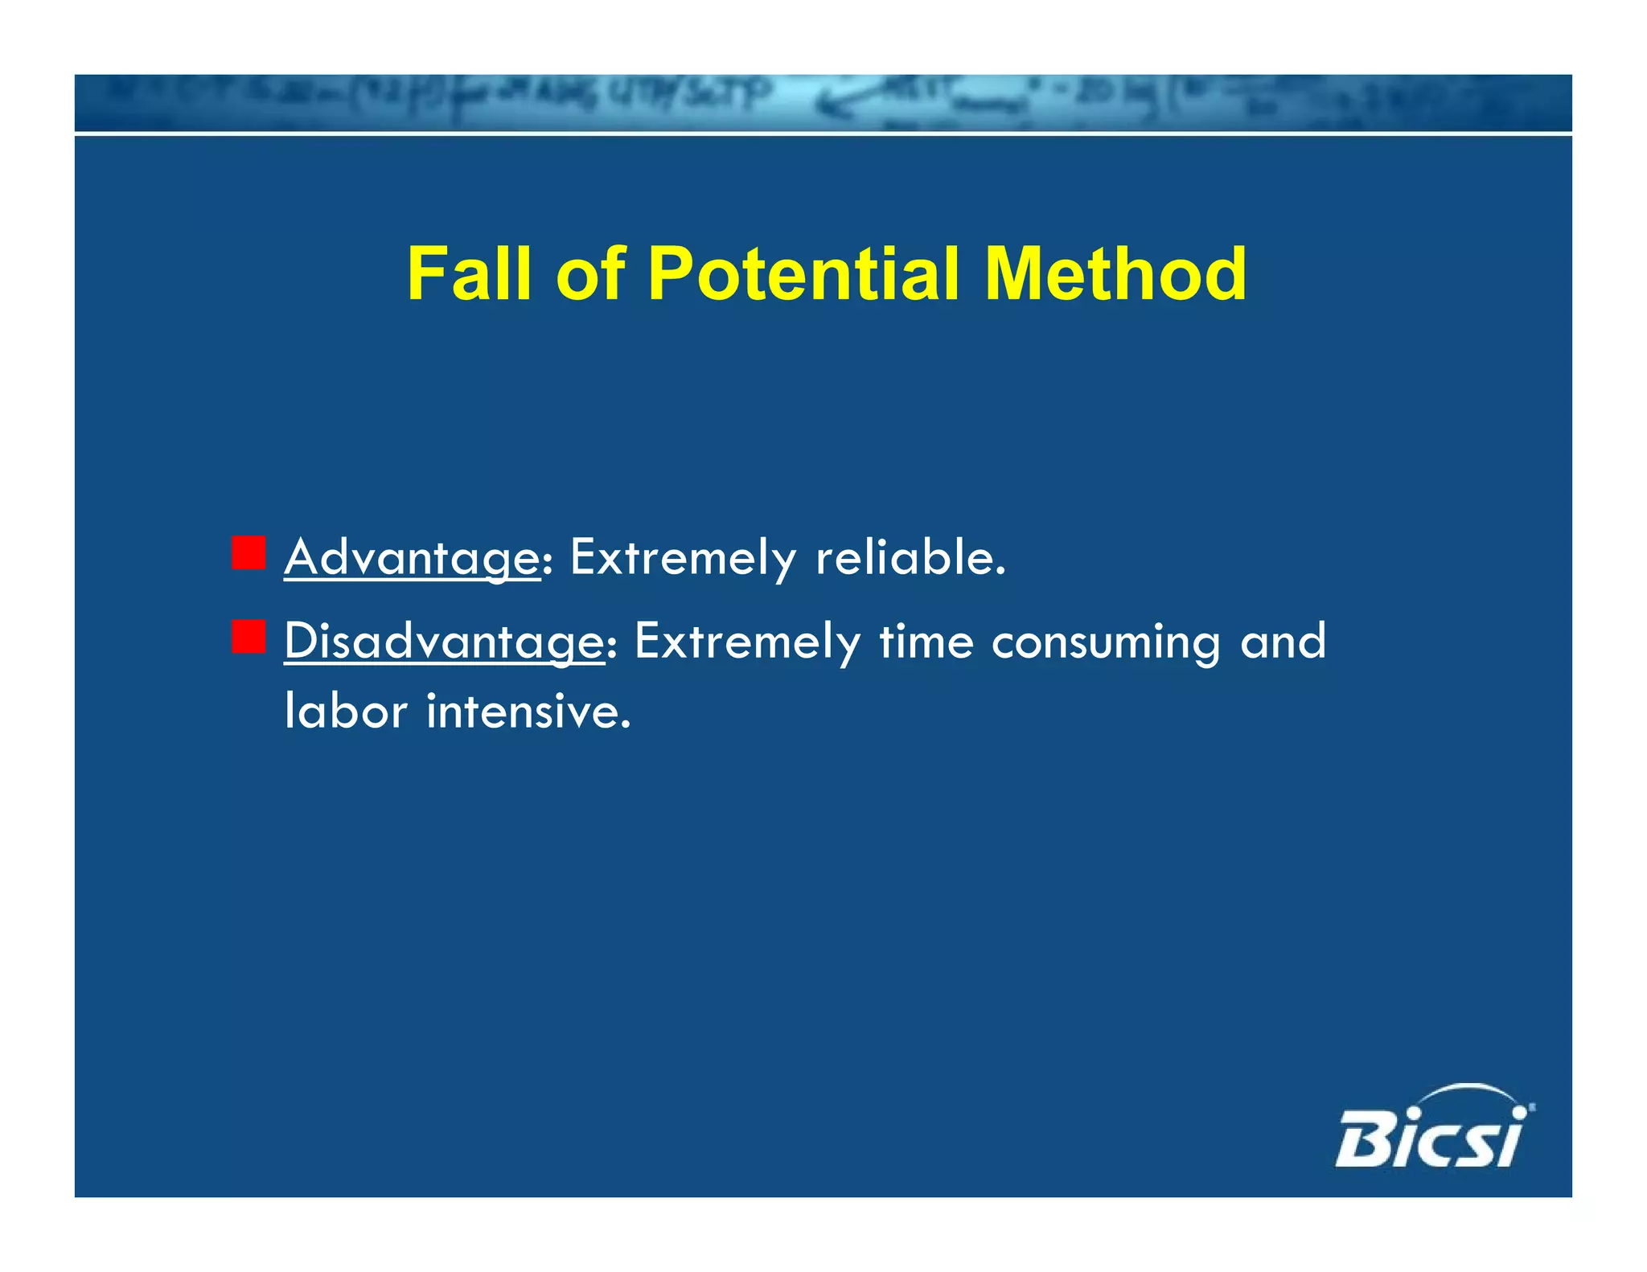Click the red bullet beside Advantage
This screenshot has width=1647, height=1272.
click(248, 553)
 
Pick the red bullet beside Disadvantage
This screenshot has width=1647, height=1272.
click(248, 637)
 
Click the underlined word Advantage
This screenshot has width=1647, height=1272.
click(412, 558)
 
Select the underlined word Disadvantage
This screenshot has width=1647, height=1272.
click(444, 642)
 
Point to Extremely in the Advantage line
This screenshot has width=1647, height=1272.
click(682, 558)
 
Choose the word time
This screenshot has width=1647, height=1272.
click(926, 641)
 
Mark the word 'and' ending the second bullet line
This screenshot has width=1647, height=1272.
click(1283, 641)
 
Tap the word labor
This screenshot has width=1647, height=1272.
click(346, 711)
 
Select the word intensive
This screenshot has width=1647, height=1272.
click(528, 711)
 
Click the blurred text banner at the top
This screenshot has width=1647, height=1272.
click(823, 102)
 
